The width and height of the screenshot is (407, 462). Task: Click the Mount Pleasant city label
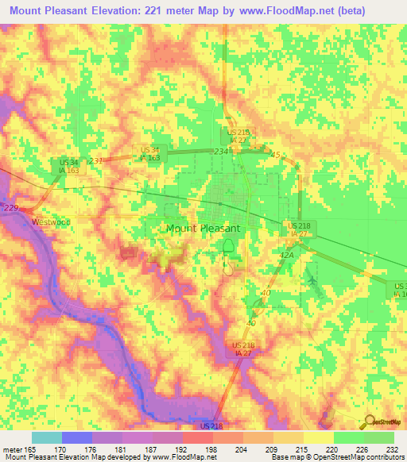click(203, 228)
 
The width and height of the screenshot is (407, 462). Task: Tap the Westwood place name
click(46, 222)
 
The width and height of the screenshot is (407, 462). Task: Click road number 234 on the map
click(220, 151)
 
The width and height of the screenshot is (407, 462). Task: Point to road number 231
click(96, 160)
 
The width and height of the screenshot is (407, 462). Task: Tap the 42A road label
click(287, 256)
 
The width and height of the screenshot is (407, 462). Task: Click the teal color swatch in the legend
click(46, 438)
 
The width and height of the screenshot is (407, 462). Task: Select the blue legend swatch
click(76, 438)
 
